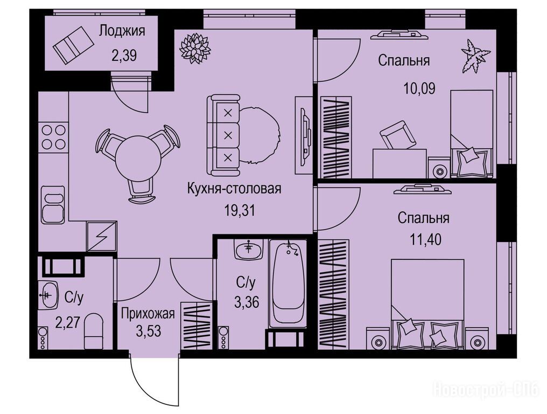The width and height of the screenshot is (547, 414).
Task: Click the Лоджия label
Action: pyautogui.click(x=122, y=31)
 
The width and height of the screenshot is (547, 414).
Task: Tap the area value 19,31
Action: pyautogui.click(x=240, y=211)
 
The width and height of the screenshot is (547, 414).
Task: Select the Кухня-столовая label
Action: pyautogui.click(x=234, y=189)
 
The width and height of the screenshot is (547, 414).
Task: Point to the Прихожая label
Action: pyautogui.click(x=148, y=314)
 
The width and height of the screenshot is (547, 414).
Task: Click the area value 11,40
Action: pyautogui.click(x=425, y=240)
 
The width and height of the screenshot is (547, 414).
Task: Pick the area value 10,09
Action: pyautogui.click(x=419, y=88)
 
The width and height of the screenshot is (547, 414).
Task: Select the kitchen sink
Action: pyautogui.click(x=53, y=205)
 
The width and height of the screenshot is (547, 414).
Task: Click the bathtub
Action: pyautogui.click(x=287, y=284)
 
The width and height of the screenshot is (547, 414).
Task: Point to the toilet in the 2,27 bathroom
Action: pyautogui.click(x=94, y=330)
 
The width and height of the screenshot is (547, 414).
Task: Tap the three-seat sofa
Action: pyautogui.click(x=223, y=135)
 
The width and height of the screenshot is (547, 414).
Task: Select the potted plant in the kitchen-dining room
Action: pyautogui.click(x=195, y=48)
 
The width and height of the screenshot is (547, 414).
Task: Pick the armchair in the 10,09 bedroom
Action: pyautogui.click(x=398, y=135)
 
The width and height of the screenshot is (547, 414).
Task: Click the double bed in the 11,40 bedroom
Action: pyautogui.click(x=427, y=303)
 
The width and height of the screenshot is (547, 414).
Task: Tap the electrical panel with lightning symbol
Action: pyautogui.click(x=102, y=236)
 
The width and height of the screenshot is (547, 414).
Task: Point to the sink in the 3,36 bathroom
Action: pyautogui.click(x=249, y=249)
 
